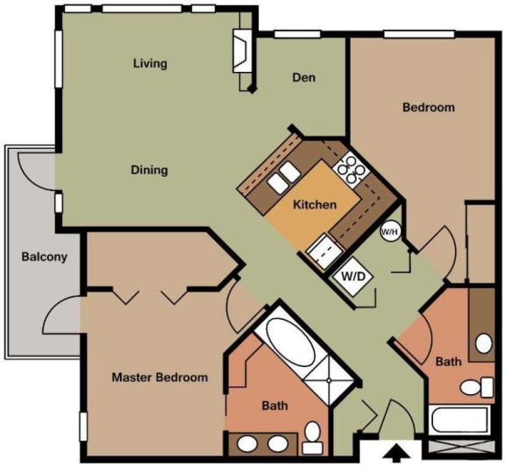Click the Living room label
(150, 63)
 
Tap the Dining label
(149, 170)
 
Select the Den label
(303, 78)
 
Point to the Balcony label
(45, 258)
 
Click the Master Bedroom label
(160, 378)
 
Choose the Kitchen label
(315, 205)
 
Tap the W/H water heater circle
(389, 232)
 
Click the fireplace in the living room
(240, 53)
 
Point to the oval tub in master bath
(286, 344)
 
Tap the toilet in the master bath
(312, 432)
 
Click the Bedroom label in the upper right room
(428, 108)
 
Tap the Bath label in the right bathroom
(448, 361)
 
